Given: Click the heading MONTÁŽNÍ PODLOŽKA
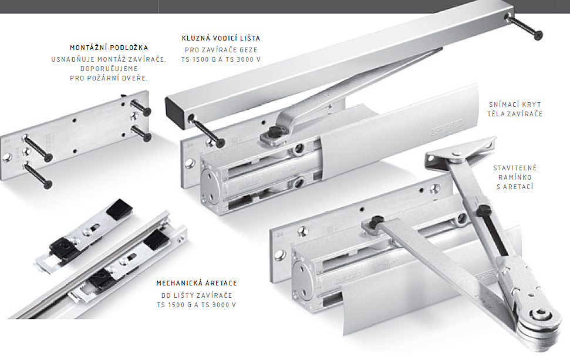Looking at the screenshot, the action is click(109, 48).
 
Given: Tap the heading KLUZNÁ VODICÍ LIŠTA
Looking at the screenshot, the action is click(221, 38).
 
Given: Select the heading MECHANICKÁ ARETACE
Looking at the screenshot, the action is click(197, 283).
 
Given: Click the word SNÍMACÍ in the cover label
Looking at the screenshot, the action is click(502, 105).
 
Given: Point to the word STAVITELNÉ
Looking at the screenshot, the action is click(515, 168).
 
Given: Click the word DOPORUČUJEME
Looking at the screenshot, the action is click(109, 69).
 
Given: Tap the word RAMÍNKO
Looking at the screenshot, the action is click(515, 177).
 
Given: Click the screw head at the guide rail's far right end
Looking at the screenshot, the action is click(538, 35).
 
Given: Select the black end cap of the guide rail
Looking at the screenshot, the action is click(175, 113).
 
